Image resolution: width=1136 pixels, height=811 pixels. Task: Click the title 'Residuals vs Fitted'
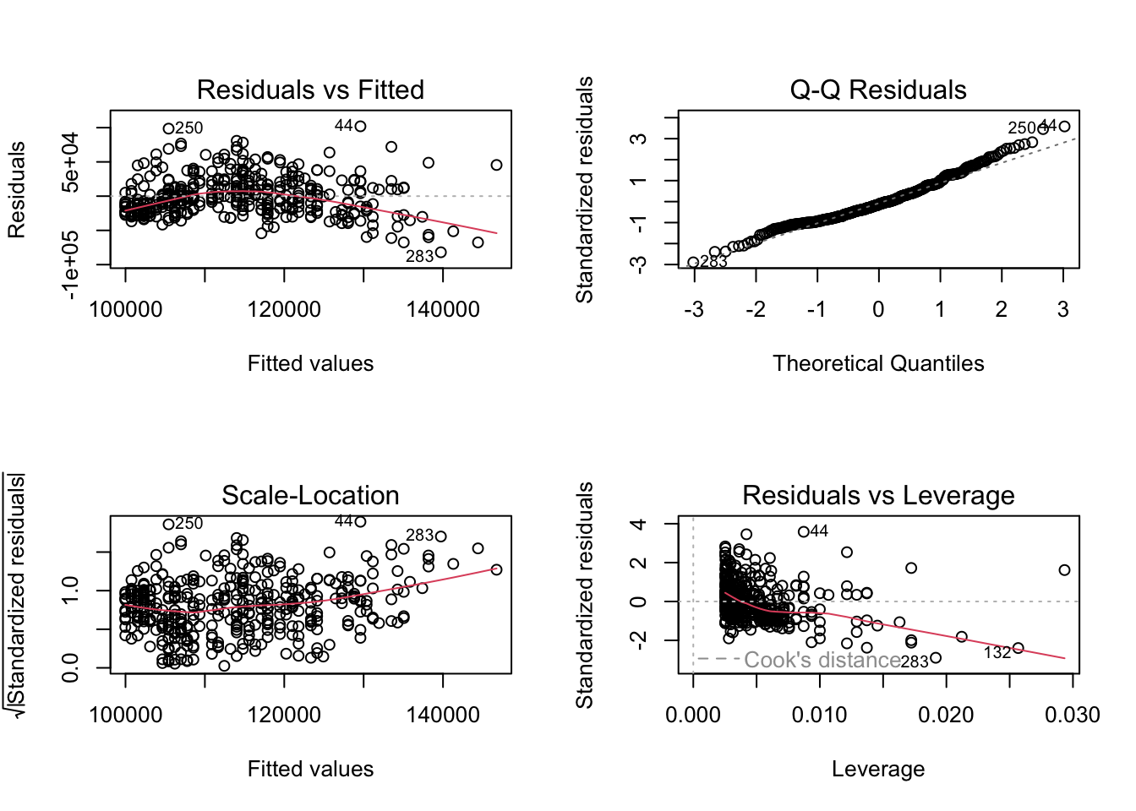pos(310,90)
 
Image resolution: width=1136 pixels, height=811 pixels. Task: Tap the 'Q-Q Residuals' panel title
pos(878,90)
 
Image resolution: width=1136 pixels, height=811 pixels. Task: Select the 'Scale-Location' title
pos(310,495)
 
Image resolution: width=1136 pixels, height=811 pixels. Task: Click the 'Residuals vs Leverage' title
pos(878,495)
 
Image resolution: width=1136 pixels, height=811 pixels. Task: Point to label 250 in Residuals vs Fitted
pos(189,128)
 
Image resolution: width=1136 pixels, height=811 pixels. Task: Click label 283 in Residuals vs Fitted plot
pos(419,256)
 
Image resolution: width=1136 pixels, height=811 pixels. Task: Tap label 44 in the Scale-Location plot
pos(344,521)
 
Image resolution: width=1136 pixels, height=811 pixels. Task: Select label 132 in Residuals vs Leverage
pos(997,653)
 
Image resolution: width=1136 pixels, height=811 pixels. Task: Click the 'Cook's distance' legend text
pos(822,660)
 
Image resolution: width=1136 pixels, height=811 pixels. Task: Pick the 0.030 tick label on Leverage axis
pos(1072,716)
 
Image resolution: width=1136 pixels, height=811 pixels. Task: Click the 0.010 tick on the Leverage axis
pos(819,716)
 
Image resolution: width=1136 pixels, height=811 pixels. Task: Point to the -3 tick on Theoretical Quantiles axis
pos(694,310)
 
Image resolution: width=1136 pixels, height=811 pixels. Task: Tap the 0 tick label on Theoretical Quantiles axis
pos(878,310)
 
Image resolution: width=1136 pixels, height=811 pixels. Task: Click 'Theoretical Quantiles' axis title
pos(878,363)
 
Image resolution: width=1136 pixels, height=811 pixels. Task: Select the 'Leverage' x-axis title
pos(878,769)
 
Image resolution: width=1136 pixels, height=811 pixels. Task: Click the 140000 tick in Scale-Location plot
pos(443,716)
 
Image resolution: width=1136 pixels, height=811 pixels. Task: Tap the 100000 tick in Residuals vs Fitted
pos(125,310)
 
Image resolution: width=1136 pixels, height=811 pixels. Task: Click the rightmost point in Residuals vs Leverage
pos(1064,569)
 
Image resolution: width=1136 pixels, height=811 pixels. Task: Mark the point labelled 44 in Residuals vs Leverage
pos(803,531)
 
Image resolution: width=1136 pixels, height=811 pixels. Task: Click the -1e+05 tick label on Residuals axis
pos(71,265)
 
